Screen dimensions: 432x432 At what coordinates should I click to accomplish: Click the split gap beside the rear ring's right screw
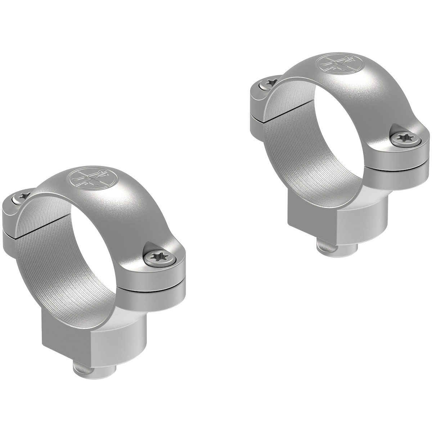pyautogui.click(x=400, y=166)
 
